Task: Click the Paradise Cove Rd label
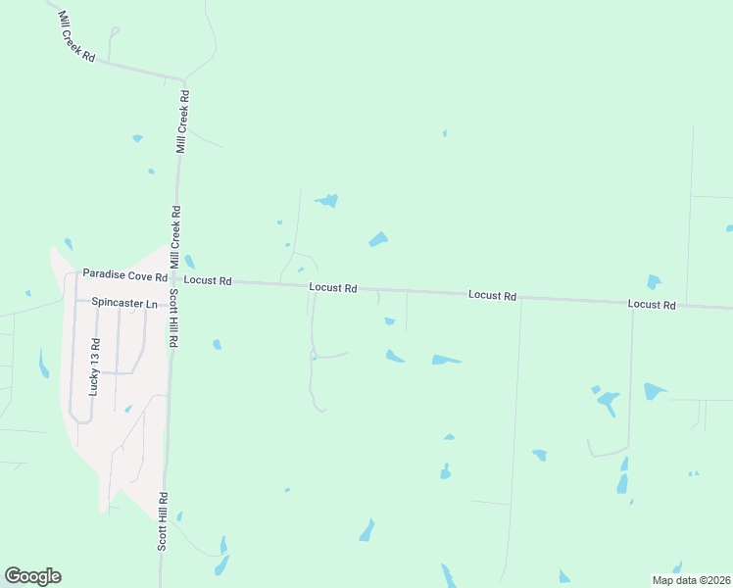pos(125,274)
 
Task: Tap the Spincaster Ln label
pos(124,304)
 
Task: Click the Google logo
pos(32,576)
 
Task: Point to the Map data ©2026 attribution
pos(691,580)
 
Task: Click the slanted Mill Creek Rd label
pos(75,38)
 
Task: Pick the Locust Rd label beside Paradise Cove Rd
pos(207,281)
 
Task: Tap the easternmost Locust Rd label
pos(652,306)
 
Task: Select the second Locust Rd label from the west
pos(333,288)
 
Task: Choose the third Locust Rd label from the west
pos(492,295)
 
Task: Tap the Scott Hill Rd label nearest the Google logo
pos(164,520)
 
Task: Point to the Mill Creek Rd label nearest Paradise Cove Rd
pos(175,237)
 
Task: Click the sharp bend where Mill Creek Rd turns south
pos(182,78)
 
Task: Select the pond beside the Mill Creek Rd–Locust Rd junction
pos(189,262)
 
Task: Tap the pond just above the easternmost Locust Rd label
pos(654,281)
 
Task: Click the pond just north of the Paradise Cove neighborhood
pos(68,243)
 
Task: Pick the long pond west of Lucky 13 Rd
pos(43,364)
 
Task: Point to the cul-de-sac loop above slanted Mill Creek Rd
pos(114,31)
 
